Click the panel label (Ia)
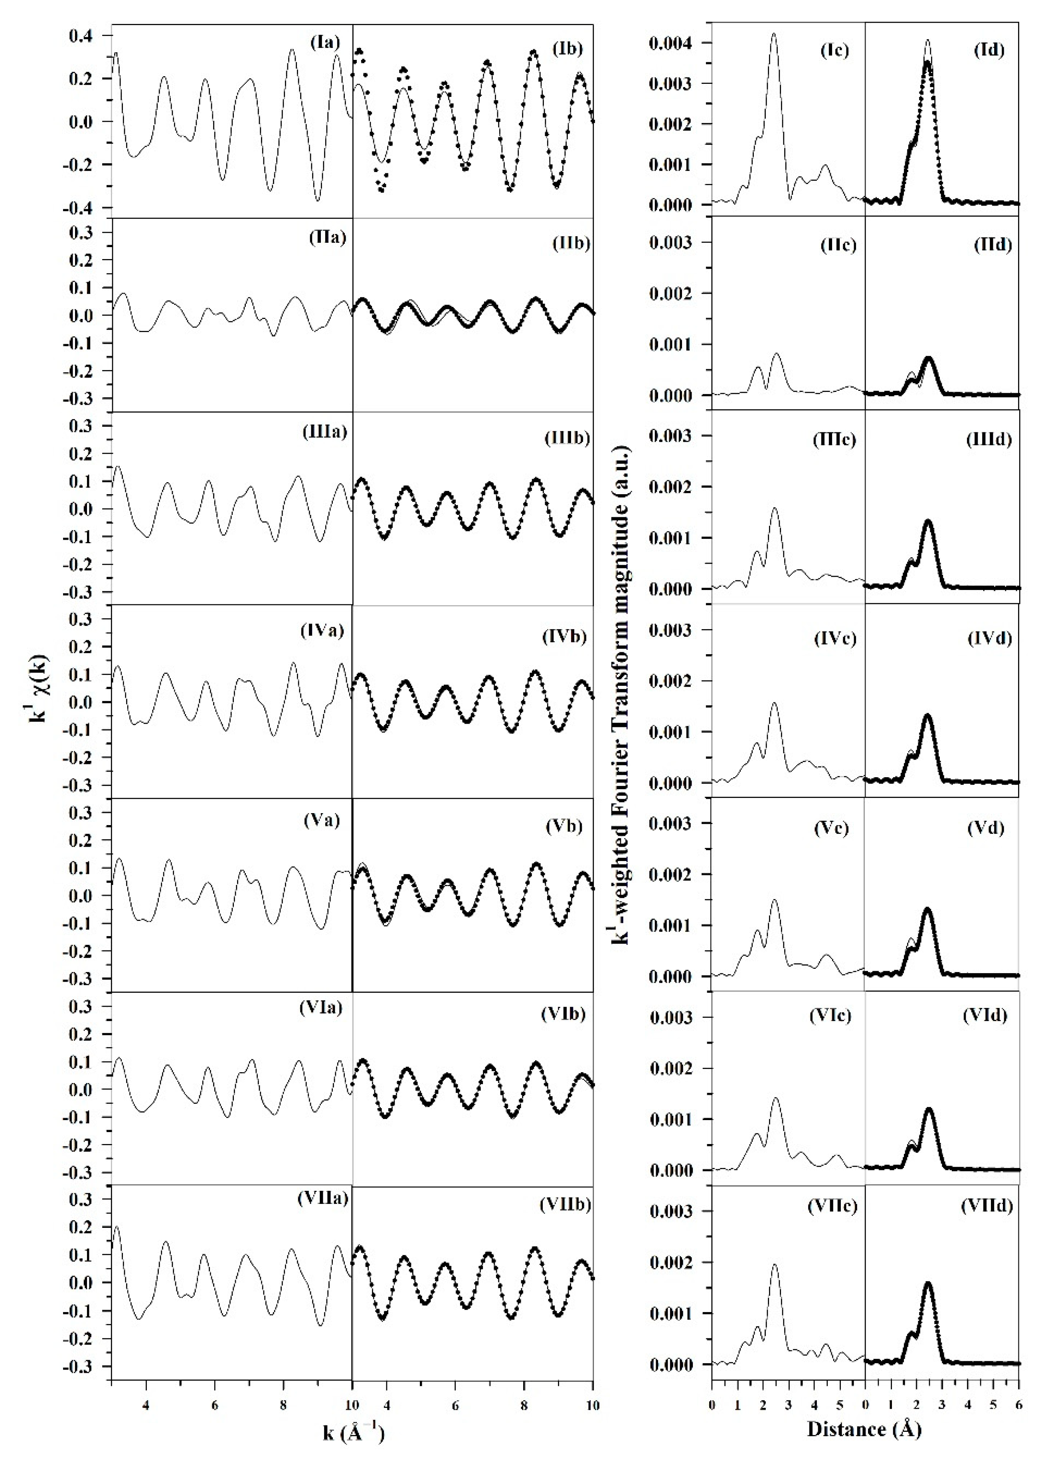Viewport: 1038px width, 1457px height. (x=325, y=43)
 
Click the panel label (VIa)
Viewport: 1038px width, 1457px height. (x=321, y=1008)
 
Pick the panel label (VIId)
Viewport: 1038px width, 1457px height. (x=987, y=1206)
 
